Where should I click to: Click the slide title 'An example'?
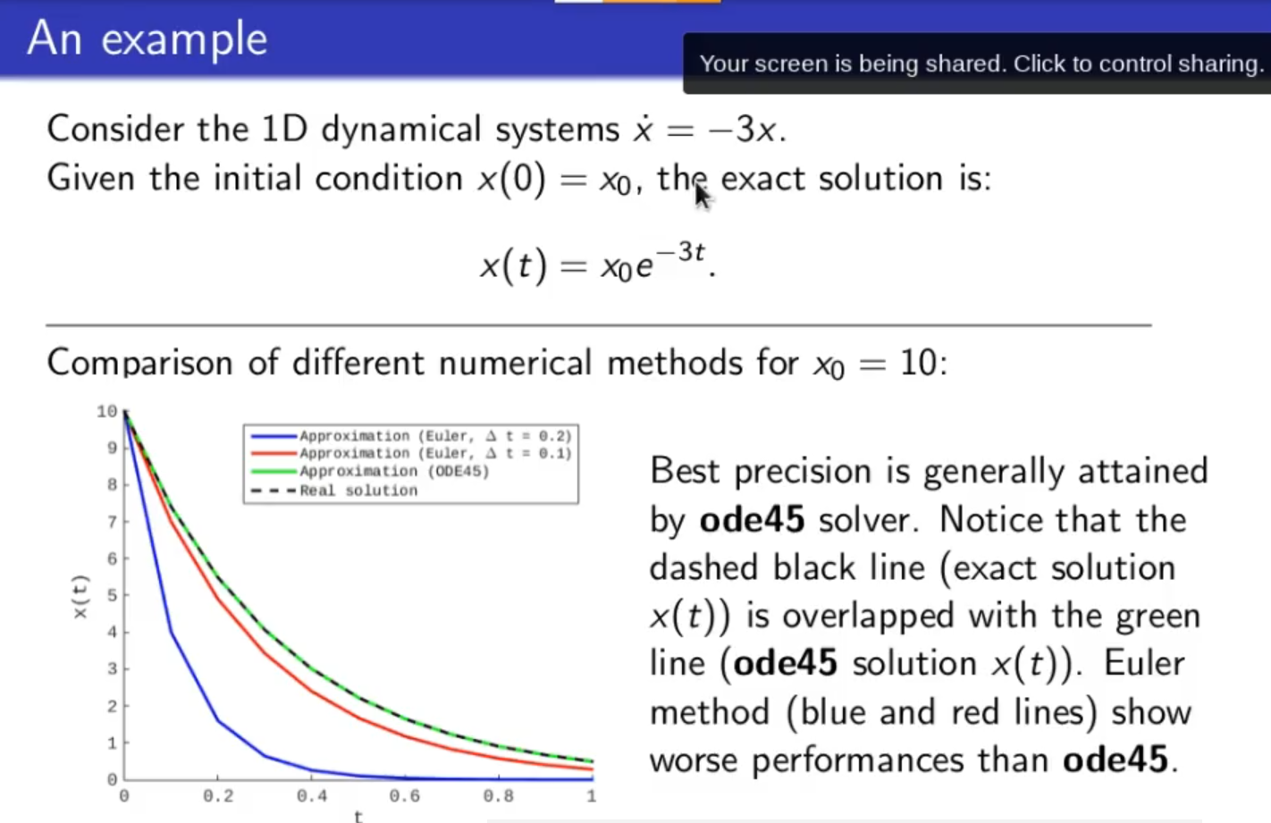coord(147,39)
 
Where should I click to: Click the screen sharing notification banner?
coord(977,63)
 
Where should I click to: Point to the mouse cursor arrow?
coord(703,197)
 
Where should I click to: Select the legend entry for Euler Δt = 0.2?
coord(411,436)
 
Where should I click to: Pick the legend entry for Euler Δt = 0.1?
coord(411,454)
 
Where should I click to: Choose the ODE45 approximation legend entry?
coord(370,471)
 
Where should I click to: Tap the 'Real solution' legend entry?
coord(334,491)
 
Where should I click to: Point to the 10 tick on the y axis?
coord(106,411)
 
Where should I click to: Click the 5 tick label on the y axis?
coord(113,595)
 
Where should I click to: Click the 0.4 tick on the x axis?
coord(312,796)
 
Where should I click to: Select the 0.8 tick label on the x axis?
coord(499,796)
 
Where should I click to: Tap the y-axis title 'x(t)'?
coord(80,596)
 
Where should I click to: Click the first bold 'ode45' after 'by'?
coord(752,519)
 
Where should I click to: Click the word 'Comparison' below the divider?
coord(139,363)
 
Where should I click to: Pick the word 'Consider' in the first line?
coord(115,129)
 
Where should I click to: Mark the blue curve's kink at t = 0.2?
coord(218,720)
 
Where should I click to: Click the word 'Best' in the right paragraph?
coord(685,471)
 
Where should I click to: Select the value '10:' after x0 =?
coord(923,363)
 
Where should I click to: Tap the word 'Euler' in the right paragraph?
coord(1144,664)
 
